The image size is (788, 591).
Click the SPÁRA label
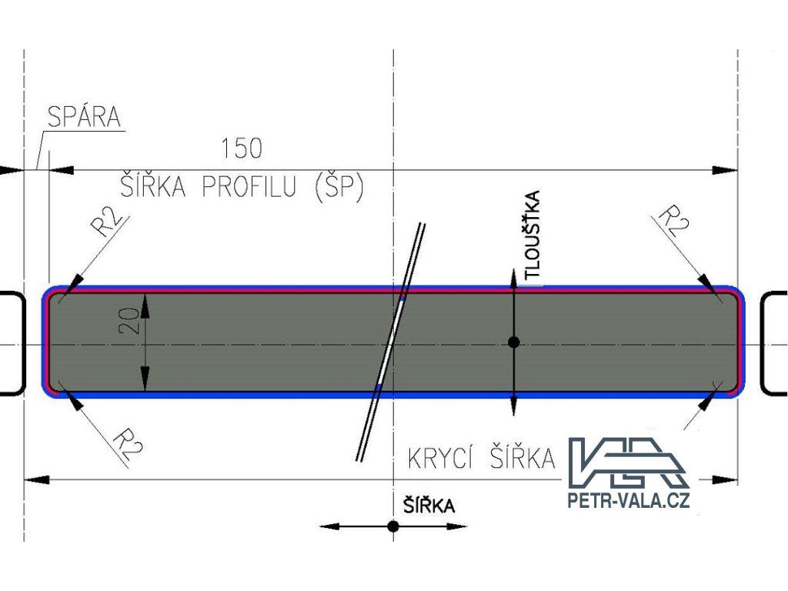pyautogui.click(x=84, y=118)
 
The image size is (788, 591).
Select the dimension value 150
pyautogui.click(x=241, y=148)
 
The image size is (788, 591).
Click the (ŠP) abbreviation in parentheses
pyautogui.click(x=339, y=187)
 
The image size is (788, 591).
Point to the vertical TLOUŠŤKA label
pyautogui.click(x=531, y=235)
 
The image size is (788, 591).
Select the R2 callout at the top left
pyautogui.click(x=107, y=222)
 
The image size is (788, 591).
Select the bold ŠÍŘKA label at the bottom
pyautogui.click(x=429, y=506)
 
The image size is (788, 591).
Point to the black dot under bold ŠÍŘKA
pyautogui.click(x=393, y=526)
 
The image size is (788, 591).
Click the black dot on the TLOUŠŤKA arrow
pyautogui.click(x=513, y=342)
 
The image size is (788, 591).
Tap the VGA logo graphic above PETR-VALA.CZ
pyautogui.click(x=627, y=462)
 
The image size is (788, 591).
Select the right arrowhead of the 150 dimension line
pyautogui.click(x=726, y=170)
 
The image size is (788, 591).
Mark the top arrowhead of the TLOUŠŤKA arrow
pyautogui.click(x=513, y=278)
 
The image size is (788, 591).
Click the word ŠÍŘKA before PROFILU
pyautogui.click(x=153, y=187)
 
